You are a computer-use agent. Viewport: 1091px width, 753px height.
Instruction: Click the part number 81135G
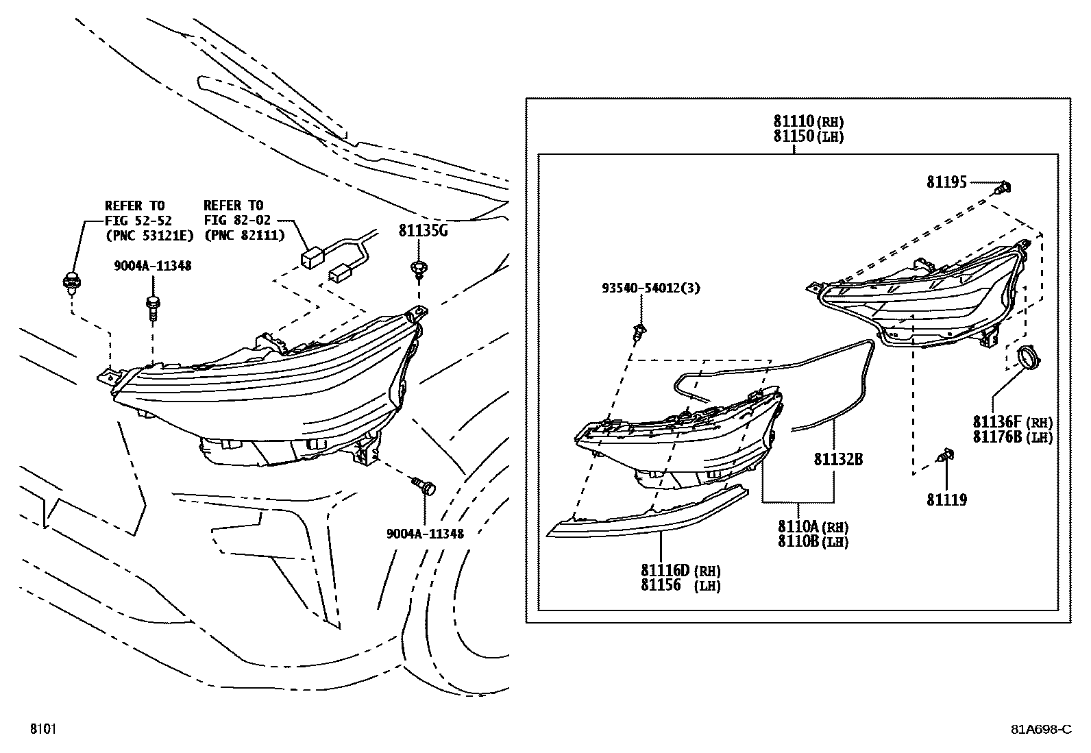(423, 231)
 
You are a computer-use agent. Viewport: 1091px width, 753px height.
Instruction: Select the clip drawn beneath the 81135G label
(417, 269)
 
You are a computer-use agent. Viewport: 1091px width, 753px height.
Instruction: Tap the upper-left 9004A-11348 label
(152, 266)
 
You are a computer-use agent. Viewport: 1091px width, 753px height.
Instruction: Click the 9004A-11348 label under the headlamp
(424, 534)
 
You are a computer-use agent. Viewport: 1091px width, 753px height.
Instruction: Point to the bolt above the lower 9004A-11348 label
(424, 487)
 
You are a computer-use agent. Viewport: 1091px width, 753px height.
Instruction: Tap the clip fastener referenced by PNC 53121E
(70, 282)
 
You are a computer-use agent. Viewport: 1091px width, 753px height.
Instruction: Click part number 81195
(946, 182)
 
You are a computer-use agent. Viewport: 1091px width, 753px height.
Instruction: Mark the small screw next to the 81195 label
(1005, 186)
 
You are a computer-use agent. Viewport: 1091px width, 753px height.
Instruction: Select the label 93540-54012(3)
(651, 288)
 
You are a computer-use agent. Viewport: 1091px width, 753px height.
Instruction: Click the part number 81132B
(838, 460)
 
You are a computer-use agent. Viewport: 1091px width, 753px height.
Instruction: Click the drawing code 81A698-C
(1040, 729)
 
